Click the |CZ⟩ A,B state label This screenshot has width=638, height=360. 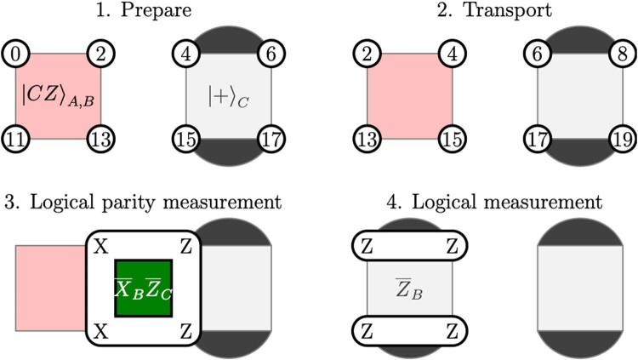click(x=59, y=95)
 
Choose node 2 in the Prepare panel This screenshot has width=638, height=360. click(x=100, y=54)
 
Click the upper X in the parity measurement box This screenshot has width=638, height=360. click(x=99, y=245)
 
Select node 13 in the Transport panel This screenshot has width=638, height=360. click(x=367, y=138)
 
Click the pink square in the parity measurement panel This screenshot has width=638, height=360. click(x=49, y=288)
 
